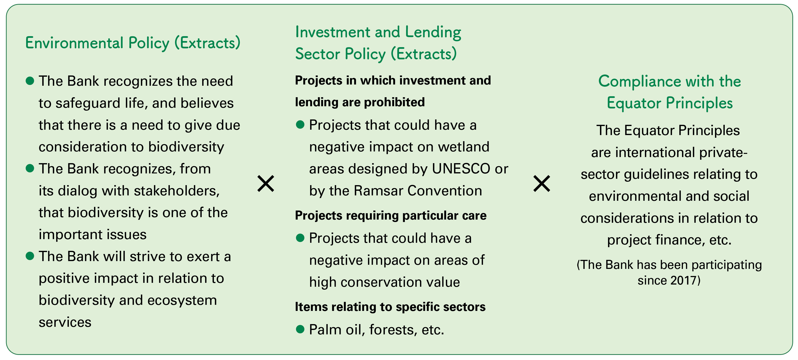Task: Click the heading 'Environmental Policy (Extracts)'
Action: pyautogui.click(x=133, y=43)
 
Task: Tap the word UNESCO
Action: pyautogui.click(x=461, y=169)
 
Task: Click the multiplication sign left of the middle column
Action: pyautogui.click(x=266, y=183)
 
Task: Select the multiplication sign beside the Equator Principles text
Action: pyautogui.click(x=542, y=183)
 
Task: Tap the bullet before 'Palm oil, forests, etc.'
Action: pyautogui.click(x=300, y=329)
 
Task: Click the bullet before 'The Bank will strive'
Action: pyautogui.click(x=30, y=256)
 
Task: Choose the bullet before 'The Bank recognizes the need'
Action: pyautogui.click(x=30, y=81)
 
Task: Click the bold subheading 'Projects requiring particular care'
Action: pyautogui.click(x=391, y=216)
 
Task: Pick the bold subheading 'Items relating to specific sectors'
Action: pyautogui.click(x=390, y=307)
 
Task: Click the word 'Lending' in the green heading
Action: pyautogui.click(x=433, y=32)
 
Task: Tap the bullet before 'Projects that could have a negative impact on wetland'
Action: pyautogui.click(x=300, y=125)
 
